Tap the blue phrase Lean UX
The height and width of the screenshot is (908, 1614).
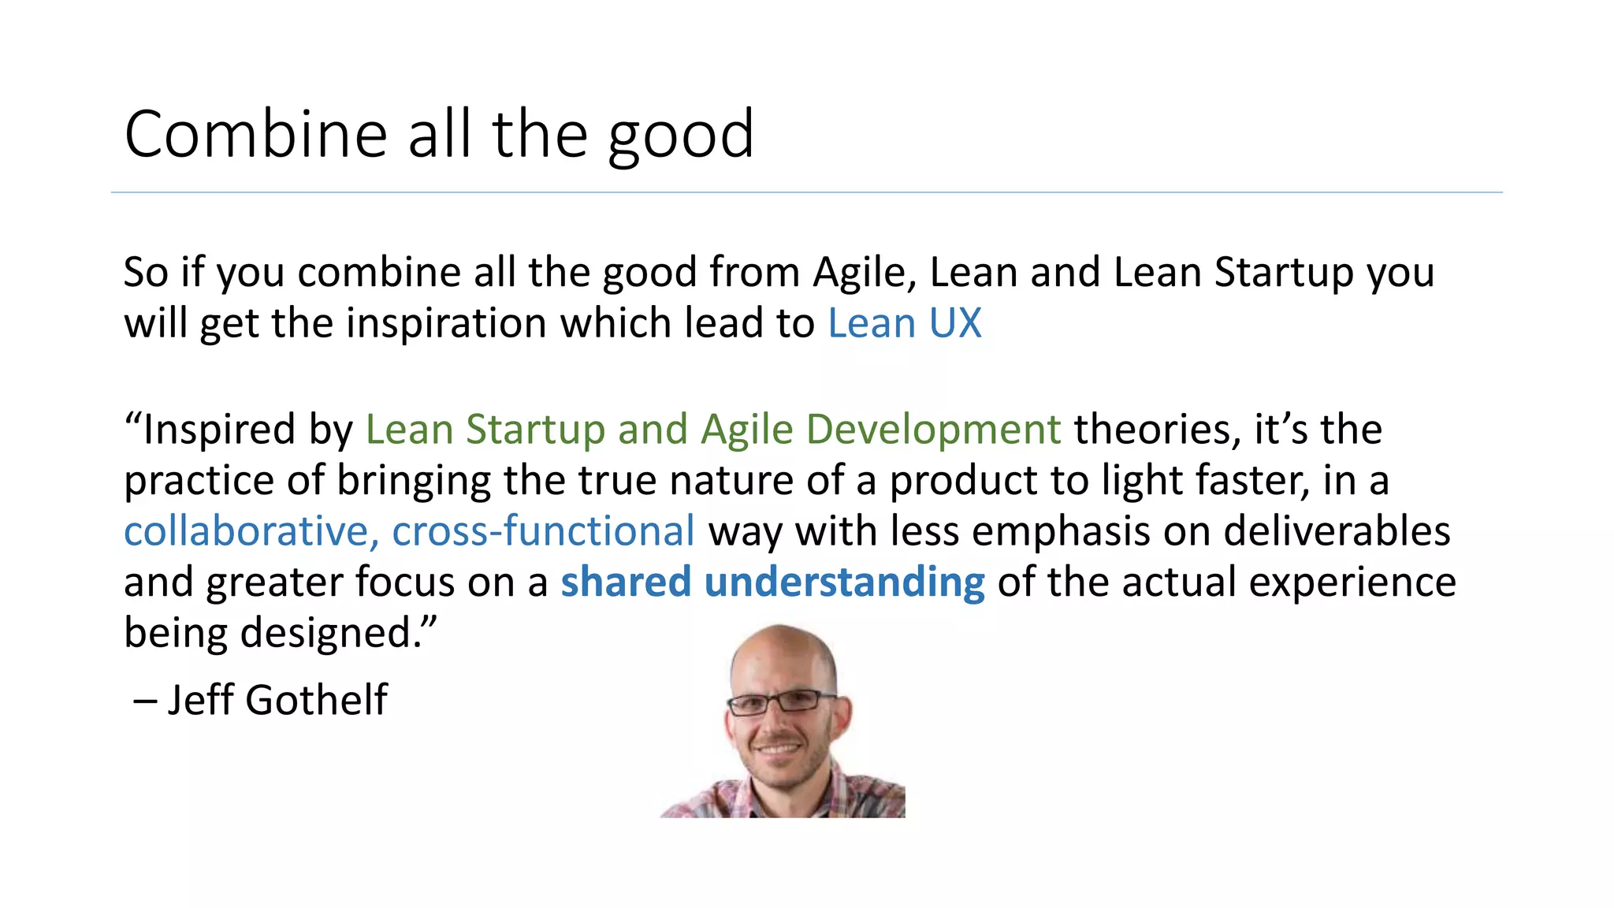[904, 323]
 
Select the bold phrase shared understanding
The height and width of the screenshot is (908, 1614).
[772, 582]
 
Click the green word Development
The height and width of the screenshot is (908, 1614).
[934, 430]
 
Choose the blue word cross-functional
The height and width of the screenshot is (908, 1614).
[544, 531]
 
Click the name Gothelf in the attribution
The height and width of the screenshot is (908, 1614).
[316, 700]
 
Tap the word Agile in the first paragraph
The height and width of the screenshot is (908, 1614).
[865, 273]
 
